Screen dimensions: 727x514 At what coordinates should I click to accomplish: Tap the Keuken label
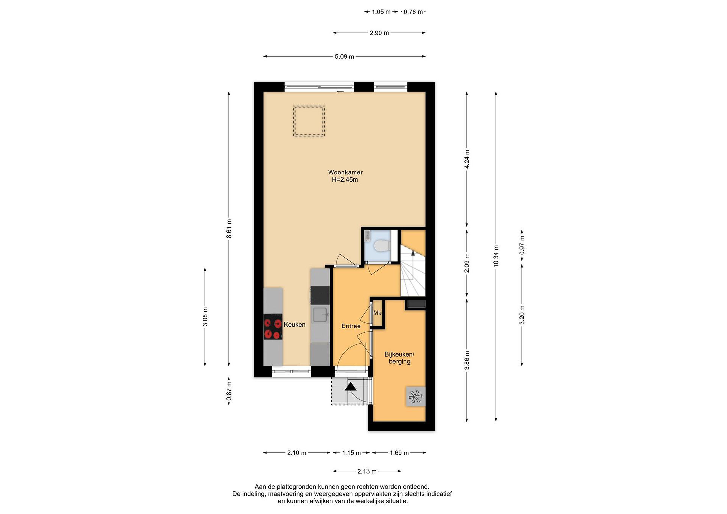pos(295,324)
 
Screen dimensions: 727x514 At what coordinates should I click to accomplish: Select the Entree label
pos(351,326)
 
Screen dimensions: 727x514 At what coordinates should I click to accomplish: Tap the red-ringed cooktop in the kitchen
pos(273,329)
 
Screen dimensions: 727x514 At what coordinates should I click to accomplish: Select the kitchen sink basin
pos(320,315)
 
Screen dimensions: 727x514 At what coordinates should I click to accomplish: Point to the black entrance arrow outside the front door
pos(351,387)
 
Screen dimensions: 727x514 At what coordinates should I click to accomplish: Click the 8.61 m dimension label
pos(229,229)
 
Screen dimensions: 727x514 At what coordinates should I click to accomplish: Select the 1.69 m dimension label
pos(399,453)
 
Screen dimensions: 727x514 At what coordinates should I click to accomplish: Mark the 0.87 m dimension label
pos(229,391)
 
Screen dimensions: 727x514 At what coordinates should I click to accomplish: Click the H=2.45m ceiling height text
pos(345,180)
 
